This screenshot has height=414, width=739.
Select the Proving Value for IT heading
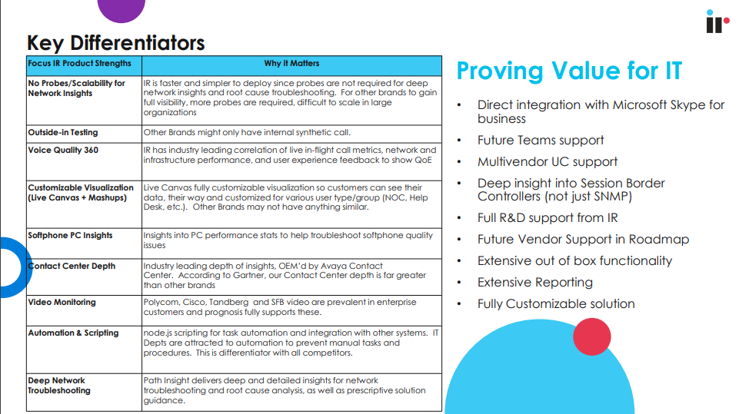tap(569, 71)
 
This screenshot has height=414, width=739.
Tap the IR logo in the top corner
tap(714, 22)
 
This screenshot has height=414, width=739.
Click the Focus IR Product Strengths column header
tap(80, 64)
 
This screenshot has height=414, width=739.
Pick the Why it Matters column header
tap(291, 64)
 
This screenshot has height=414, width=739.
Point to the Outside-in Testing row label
tap(63, 132)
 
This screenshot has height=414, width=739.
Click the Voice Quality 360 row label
tap(63, 150)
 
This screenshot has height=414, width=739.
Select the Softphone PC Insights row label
tap(70, 235)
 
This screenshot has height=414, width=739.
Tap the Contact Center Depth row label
tap(72, 266)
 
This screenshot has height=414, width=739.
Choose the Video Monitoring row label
tap(62, 302)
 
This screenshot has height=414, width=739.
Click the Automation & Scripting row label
tap(73, 333)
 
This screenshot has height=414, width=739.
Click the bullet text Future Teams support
tap(541, 141)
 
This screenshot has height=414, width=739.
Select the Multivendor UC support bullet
tap(547, 162)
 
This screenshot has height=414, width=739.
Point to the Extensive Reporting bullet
tap(535, 283)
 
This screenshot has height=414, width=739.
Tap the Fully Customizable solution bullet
tap(556, 304)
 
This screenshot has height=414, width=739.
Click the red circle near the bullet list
tap(591, 336)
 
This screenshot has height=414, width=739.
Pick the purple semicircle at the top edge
tap(122, 9)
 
